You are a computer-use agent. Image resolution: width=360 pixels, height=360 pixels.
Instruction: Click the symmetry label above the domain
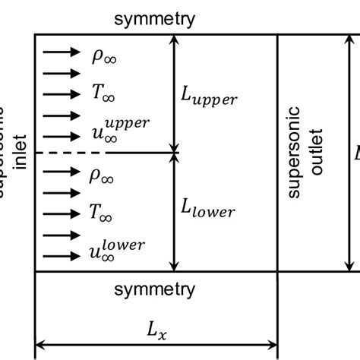pos(154,19)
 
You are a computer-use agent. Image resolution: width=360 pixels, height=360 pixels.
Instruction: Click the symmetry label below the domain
pos(154,289)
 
